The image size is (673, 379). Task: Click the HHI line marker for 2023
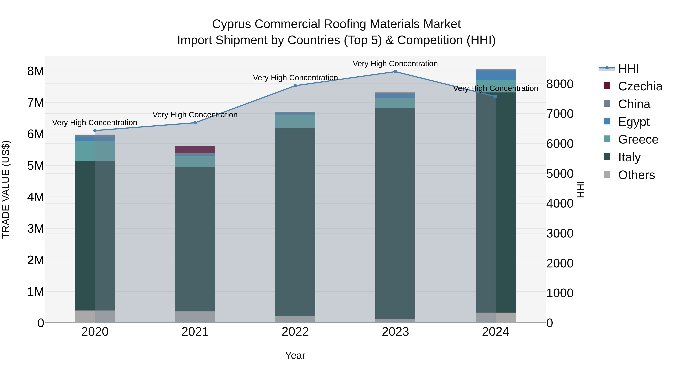pyautogui.click(x=395, y=72)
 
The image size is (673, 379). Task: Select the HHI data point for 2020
pyautogui.click(x=95, y=130)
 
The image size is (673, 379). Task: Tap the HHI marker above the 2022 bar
pyautogui.click(x=295, y=86)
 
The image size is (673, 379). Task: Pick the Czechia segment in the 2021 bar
pyautogui.click(x=195, y=150)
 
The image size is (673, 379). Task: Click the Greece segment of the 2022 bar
pyautogui.click(x=295, y=121)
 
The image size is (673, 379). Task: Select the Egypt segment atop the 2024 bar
pyautogui.click(x=495, y=75)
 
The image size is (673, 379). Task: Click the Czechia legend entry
pyautogui.click(x=640, y=86)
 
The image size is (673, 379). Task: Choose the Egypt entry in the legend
pyautogui.click(x=634, y=122)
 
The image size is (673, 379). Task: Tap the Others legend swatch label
pyautogui.click(x=636, y=175)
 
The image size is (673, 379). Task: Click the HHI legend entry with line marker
pyautogui.click(x=628, y=69)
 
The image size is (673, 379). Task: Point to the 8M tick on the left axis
pyautogui.click(x=36, y=71)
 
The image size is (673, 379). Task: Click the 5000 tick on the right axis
pyautogui.click(x=560, y=174)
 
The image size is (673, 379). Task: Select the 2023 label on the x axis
pyautogui.click(x=395, y=332)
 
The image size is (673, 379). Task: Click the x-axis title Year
pyautogui.click(x=295, y=355)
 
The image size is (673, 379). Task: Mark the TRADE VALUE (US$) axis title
pyautogui.click(x=6, y=189)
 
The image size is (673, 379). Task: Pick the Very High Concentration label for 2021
pyautogui.click(x=195, y=115)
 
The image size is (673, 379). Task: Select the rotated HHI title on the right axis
pyautogui.click(x=580, y=189)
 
